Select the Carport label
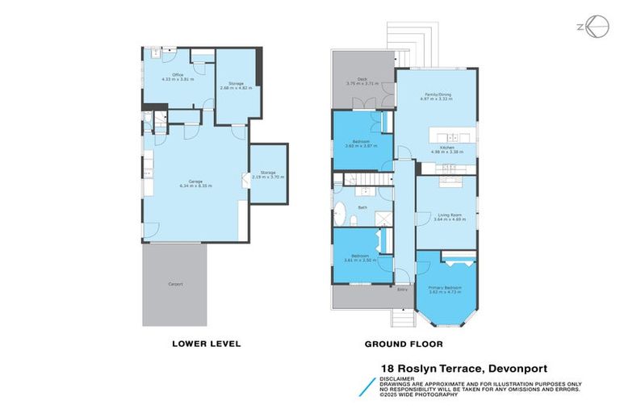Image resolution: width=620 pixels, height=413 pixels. [175, 284]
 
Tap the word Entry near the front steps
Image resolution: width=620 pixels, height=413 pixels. [403, 289]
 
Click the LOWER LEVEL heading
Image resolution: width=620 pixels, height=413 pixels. [206, 344]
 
